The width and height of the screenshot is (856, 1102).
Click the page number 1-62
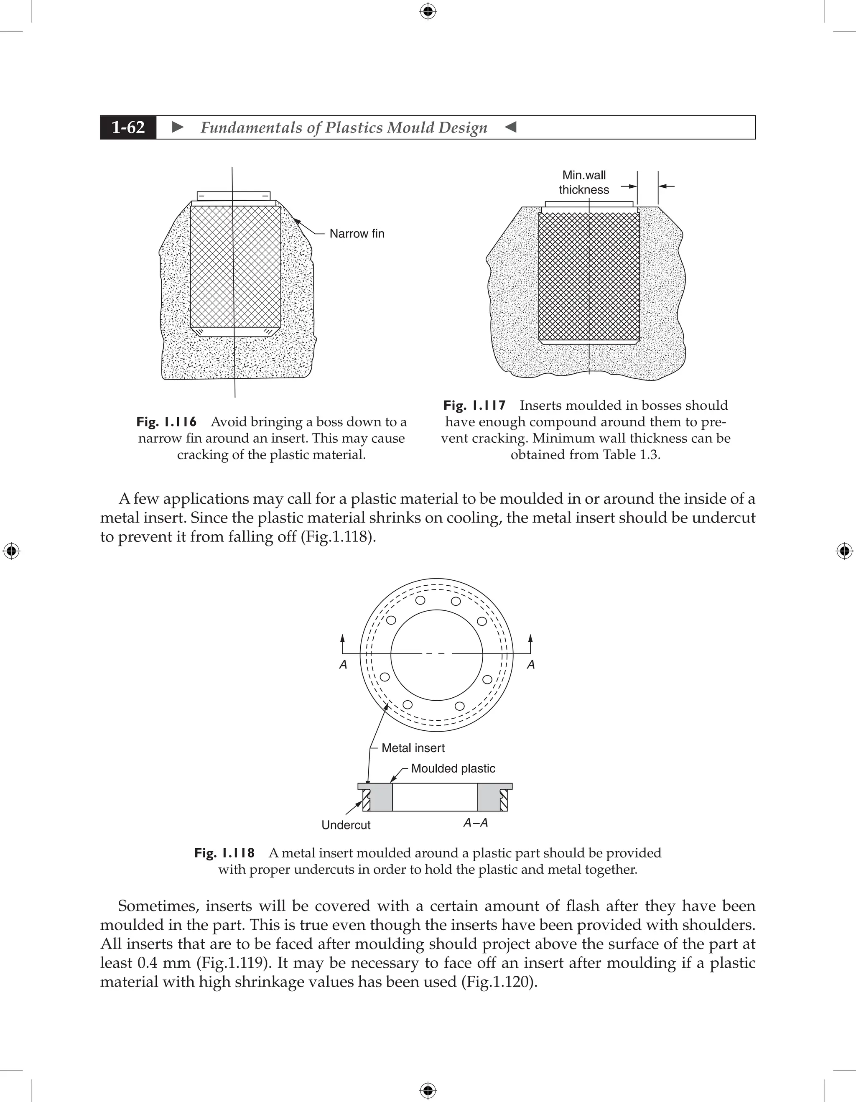(x=128, y=127)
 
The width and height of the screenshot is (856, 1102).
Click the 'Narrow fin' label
(x=357, y=234)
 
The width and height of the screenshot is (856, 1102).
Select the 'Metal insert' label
(x=413, y=748)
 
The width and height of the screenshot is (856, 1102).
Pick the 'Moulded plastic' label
(x=453, y=768)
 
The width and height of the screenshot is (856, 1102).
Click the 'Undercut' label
(x=346, y=825)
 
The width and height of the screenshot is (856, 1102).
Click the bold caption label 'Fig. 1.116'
(x=166, y=422)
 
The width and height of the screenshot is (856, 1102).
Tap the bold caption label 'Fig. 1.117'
(x=474, y=406)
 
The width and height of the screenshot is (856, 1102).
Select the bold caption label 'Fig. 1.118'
(x=224, y=853)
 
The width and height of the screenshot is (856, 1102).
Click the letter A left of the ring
(x=344, y=665)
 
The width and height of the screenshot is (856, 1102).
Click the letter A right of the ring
(x=531, y=665)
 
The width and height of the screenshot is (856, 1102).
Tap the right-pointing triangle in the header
(x=178, y=127)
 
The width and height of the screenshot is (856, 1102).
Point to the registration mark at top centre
(x=428, y=11)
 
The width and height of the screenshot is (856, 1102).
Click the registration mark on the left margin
(x=11, y=551)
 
